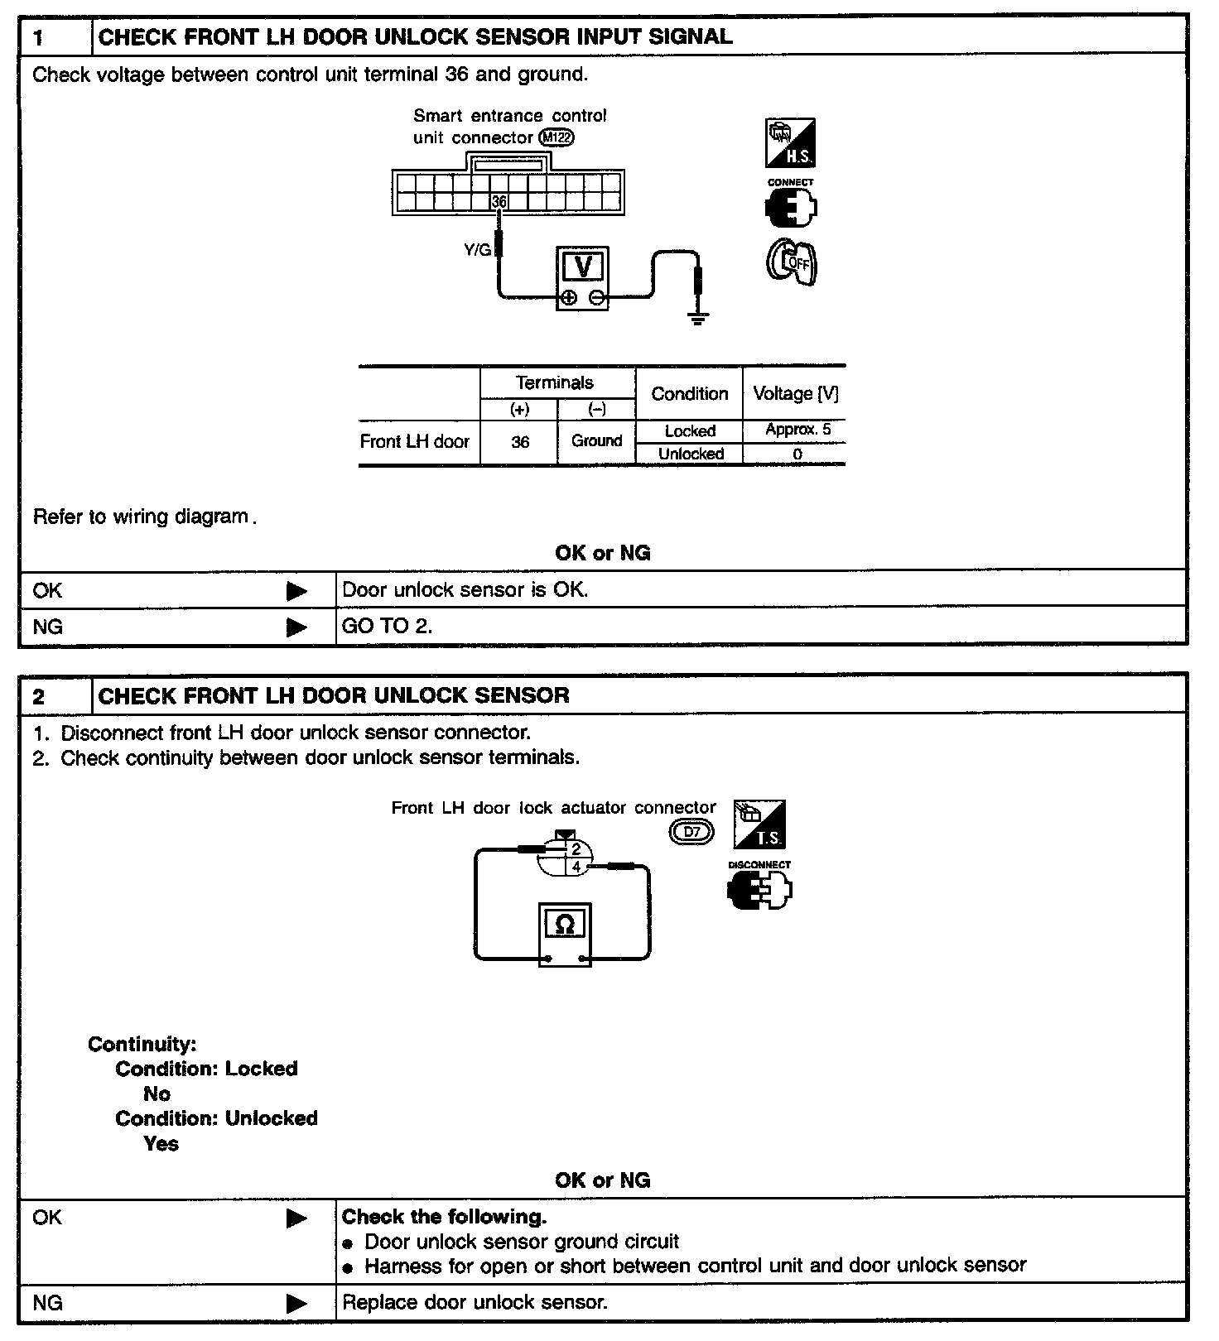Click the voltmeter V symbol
(582, 267)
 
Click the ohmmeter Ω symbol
(565, 924)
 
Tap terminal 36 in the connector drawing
(499, 202)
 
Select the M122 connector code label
(556, 137)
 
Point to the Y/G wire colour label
(478, 249)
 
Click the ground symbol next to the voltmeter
(699, 318)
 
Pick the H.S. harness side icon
(790, 143)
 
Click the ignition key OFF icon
(791, 262)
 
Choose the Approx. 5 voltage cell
(797, 430)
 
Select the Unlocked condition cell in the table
(691, 454)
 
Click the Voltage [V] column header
(795, 394)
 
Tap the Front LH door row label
(414, 441)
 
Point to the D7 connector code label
(691, 832)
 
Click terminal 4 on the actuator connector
(576, 867)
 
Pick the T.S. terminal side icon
(759, 824)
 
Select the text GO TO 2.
(387, 626)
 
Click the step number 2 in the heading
(39, 696)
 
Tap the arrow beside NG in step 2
(296, 1303)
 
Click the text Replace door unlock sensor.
(475, 1302)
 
